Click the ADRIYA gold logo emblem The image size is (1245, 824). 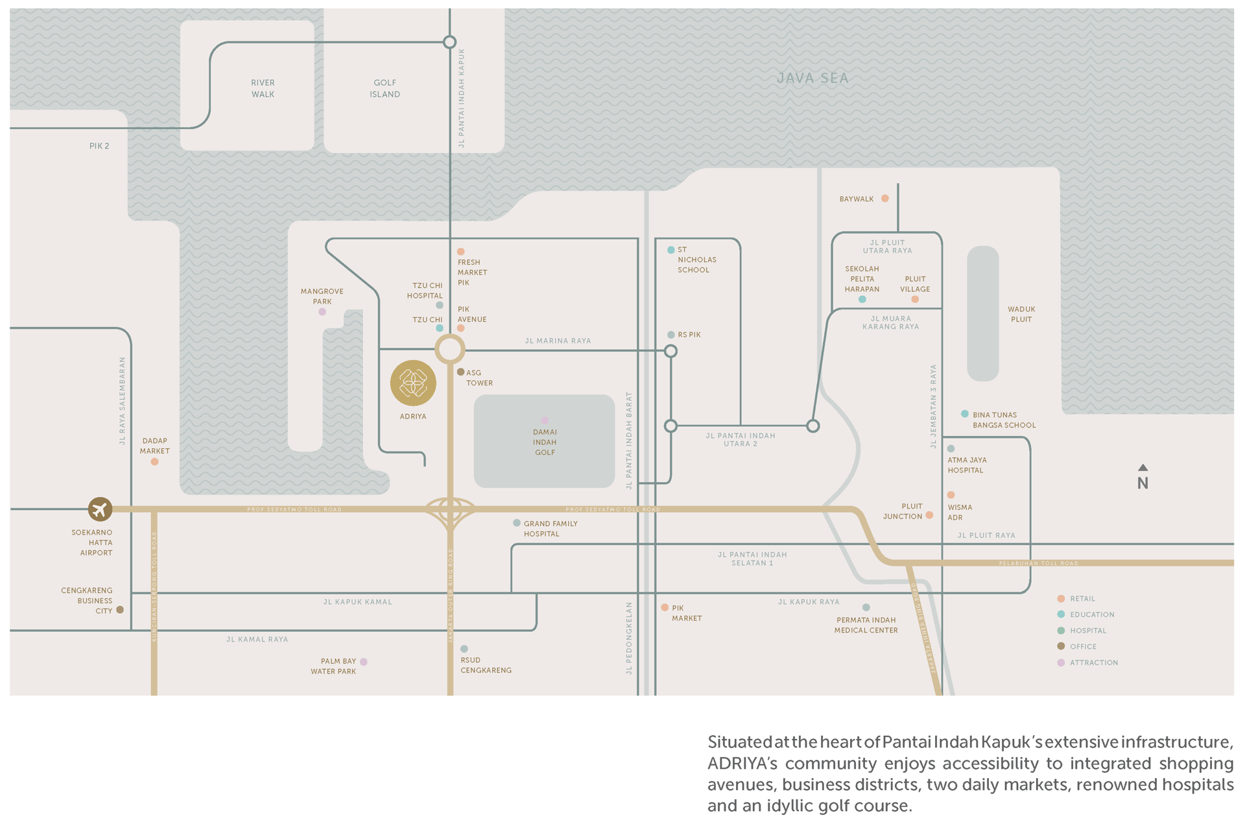(x=413, y=383)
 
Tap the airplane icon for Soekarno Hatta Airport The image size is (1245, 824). (x=100, y=509)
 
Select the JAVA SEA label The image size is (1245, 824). (x=812, y=79)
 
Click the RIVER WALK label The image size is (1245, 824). (x=263, y=88)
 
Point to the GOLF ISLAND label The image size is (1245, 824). (x=385, y=88)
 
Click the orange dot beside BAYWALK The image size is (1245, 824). (x=884, y=199)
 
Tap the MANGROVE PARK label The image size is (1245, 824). (x=322, y=297)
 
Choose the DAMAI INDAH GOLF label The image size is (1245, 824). (x=545, y=442)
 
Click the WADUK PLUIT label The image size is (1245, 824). (x=1021, y=314)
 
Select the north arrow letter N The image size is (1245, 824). (x=1143, y=483)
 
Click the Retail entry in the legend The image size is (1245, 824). (x=1082, y=599)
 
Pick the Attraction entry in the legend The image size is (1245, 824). (x=1093, y=662)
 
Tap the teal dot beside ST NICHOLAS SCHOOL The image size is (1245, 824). (x=670, y=250)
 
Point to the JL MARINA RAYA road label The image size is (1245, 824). (x=558, y=341)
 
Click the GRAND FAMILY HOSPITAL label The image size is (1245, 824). (x=550, y=529)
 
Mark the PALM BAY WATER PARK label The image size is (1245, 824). (x=333, y=666)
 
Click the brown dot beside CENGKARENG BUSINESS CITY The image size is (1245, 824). (x=120, y=610)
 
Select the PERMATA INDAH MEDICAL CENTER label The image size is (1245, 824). (x=866, y=625)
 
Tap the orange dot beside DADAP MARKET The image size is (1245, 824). (x=154, y=462)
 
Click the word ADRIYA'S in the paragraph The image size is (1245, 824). (x=742, y=764)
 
